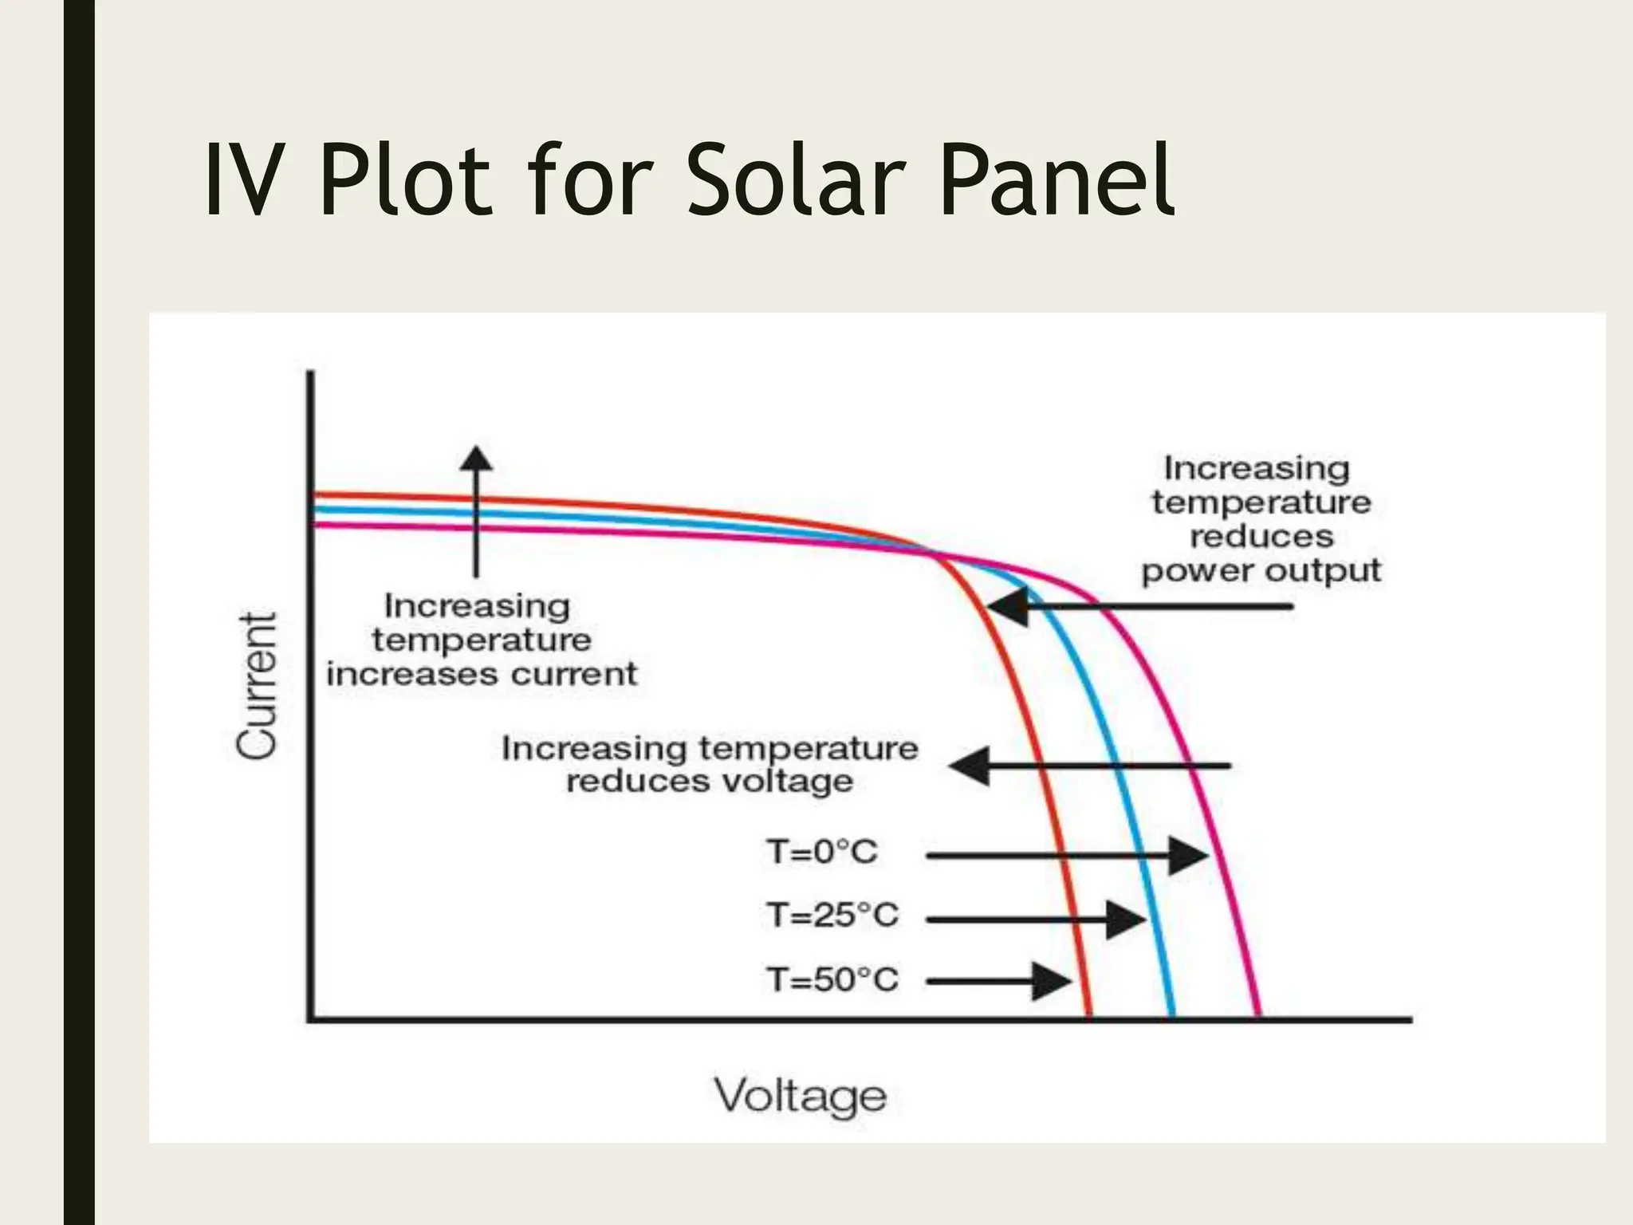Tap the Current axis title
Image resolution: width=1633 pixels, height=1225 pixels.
pyautogui.click(x=257, y=687)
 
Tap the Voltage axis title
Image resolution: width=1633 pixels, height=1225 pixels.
pyautogui.click(x=800, y=1096)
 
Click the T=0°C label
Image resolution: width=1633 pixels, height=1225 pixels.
pyautogui.click(x=822, y=853)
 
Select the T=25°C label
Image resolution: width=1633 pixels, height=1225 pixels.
pyautogui.click(x=832, y=916)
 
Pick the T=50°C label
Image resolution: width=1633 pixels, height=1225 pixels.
pyautogui.click(x=832, y=979)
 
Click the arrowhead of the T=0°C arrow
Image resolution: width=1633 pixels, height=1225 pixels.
pyautogui.click(x=1190, y=856)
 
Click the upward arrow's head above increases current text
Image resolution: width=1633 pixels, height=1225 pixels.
pyautogui.click(x=477, y=459)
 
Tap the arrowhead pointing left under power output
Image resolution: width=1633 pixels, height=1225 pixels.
pyautogui.click(x=1006, y=607)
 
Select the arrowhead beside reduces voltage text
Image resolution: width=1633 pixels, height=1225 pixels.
pyautogui.click(x=969, y=766)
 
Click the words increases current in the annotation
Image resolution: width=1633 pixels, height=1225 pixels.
pyautogui.click(x=482, y=675)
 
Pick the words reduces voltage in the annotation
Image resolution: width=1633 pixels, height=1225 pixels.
pyautogui.click(x=709, y=782)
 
